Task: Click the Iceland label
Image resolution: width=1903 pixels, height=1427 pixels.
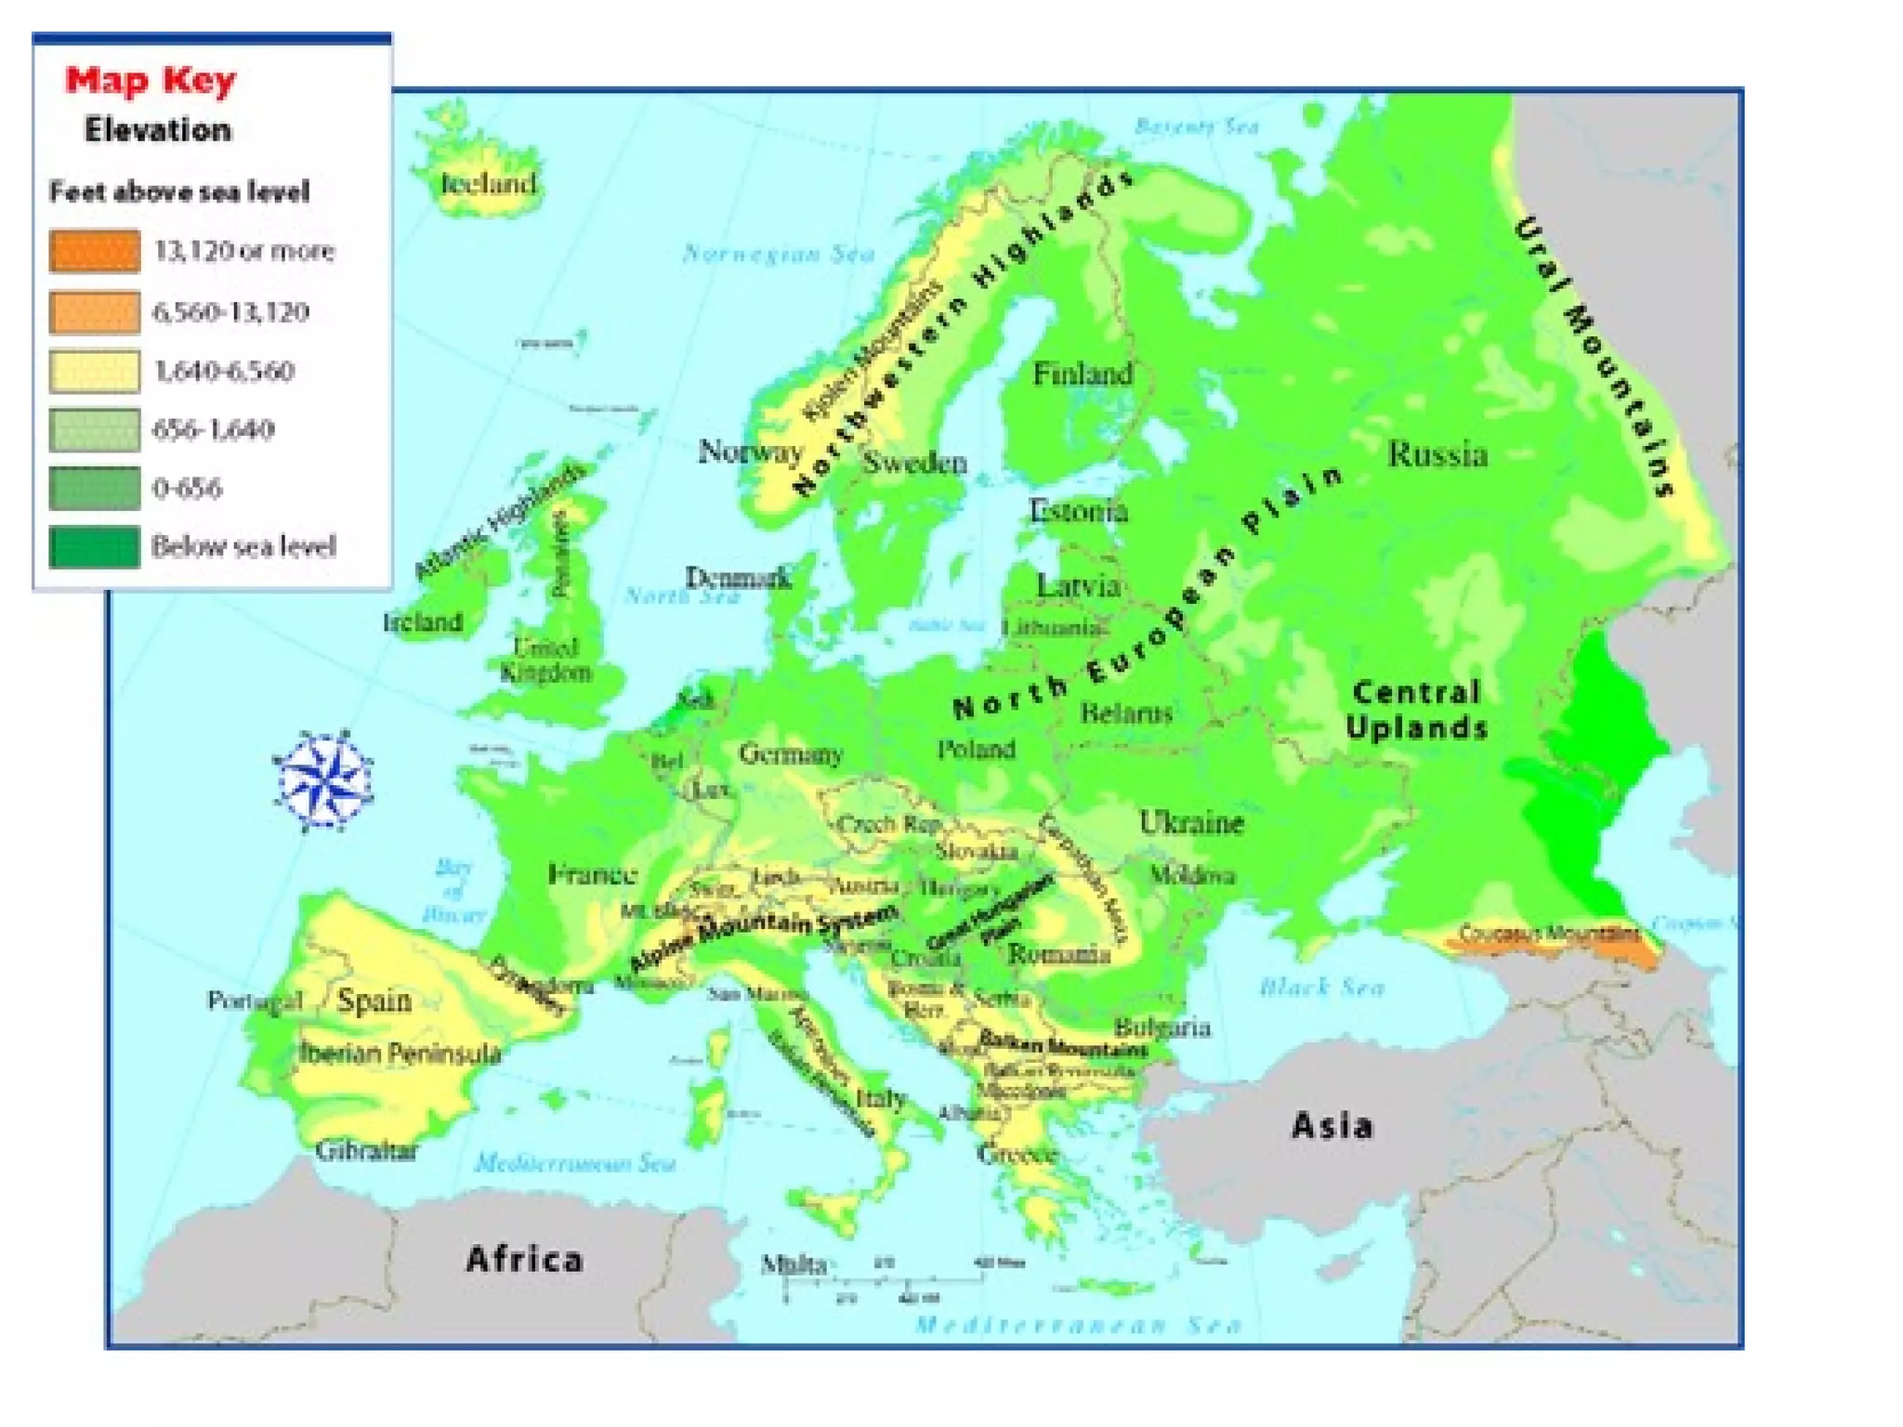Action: click(488, 183)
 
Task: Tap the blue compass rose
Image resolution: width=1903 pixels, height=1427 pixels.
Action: click(322, 780)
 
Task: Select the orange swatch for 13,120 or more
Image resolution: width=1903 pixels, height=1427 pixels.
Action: click(95, 251)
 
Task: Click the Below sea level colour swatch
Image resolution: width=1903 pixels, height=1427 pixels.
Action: click(95, 546)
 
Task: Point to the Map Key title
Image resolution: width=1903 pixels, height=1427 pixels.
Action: click(151, 80)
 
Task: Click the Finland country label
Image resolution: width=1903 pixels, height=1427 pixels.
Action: click(1083, 374)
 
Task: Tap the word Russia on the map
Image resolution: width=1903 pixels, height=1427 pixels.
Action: click(1437, 454)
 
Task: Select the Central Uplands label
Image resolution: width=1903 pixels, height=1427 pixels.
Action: click(1416, 710)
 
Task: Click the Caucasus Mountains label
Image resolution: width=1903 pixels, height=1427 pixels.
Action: click(1548, 932)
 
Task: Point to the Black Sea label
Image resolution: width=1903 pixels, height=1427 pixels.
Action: click(1321, 987)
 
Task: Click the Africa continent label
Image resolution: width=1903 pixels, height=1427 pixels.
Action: click(525, 1260)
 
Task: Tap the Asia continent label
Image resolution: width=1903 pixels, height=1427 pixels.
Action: click(1332, 1126)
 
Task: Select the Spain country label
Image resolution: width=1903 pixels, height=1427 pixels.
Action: click(374, 1001)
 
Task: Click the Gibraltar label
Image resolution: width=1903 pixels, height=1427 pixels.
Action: click(366, 1151)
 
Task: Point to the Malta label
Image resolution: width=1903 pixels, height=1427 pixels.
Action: click(793, 1263)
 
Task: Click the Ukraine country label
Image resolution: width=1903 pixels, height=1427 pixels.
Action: click(1191, 823)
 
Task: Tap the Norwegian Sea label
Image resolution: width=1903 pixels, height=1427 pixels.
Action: click(779, 254)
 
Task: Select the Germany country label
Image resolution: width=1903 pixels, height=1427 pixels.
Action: click(791, 753)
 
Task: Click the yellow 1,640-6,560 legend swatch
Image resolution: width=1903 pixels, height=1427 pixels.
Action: click(95, 371)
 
